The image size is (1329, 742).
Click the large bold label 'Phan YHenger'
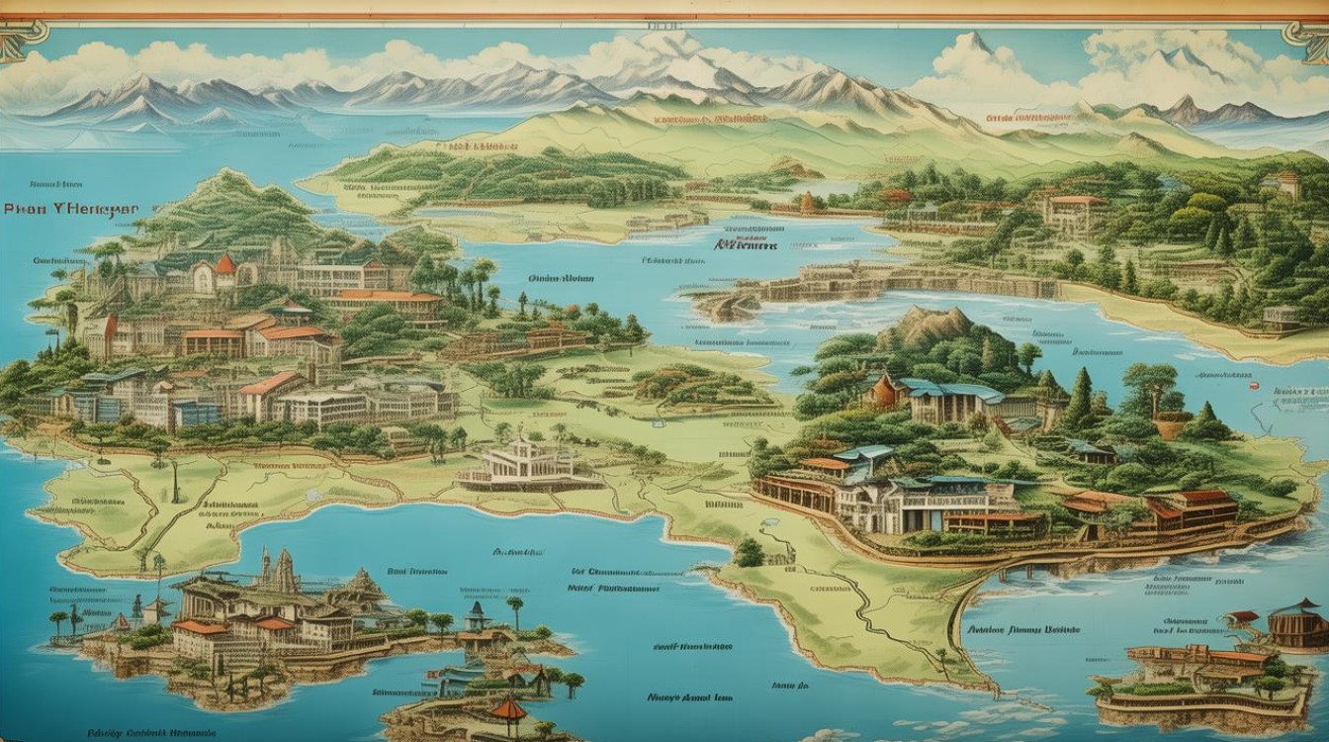(70, 210)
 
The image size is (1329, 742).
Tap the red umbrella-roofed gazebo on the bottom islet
(508, 708)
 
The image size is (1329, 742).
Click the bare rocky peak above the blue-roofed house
(933, 325)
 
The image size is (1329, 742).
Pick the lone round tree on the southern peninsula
(749, 551)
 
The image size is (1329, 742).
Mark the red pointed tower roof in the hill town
(225, 264)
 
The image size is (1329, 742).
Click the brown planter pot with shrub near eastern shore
(1172, 425)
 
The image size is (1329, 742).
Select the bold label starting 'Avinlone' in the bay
(1021, 628)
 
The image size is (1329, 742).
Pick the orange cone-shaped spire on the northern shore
(808, 203)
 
